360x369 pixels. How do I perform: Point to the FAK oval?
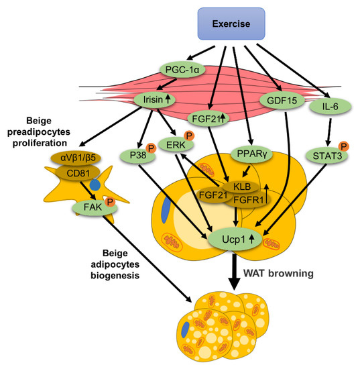pos(93,209)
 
